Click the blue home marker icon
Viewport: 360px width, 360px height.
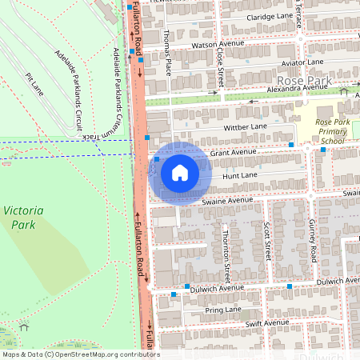point(179,173)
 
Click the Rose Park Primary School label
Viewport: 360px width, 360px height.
point(329,130)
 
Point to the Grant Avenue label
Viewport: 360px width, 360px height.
point(233,150)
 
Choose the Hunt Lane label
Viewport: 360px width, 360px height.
point(240,174)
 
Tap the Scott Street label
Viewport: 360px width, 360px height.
point(267,240)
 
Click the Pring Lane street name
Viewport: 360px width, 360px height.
point(223,309)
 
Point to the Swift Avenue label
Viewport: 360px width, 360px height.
point(268,322)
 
